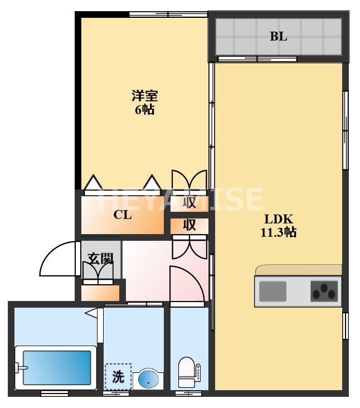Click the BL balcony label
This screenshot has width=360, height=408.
point(279,37)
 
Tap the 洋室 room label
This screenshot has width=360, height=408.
point(144,96)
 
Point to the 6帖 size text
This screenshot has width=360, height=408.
point(144,109)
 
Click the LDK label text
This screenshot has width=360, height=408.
point(278,219)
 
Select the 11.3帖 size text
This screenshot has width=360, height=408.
point(278,232)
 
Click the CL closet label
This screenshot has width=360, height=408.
point(123,215)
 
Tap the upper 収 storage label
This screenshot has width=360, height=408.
point(189,203)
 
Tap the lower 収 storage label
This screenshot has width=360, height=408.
point(189,225)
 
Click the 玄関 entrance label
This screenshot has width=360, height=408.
point(100,259)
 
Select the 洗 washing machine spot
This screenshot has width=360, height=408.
point(118,376)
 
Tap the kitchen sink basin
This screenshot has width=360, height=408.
point(273,290)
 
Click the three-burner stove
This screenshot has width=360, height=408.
point(324,291)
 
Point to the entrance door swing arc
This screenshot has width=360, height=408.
point(59,256)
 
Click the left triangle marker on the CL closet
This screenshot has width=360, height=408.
point(93,183)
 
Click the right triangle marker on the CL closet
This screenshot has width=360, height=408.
point(152,183)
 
